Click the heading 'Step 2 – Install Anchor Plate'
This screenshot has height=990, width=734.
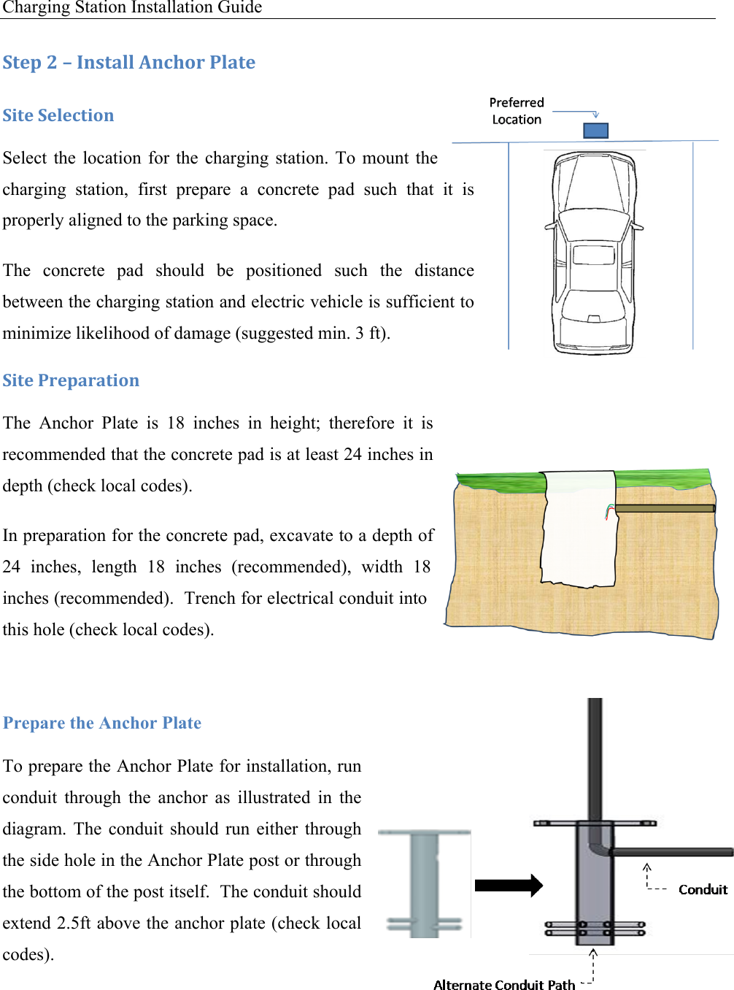pos(129,63)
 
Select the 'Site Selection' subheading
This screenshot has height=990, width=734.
pos(58,115)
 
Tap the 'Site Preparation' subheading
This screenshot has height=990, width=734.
pos(71,380)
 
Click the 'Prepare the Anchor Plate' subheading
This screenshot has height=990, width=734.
pos(102,723)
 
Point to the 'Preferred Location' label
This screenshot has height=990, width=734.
pos(517,111)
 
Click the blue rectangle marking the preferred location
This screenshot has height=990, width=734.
pos(595,131)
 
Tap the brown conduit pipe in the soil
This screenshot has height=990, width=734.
pos(664,508)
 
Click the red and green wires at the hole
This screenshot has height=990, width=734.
pos(609,512)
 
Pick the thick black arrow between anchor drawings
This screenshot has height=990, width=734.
pos(509,886)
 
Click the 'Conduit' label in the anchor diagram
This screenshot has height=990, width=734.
pos(703,889)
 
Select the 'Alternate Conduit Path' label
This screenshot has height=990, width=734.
pos(504,985)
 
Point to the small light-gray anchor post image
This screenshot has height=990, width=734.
pos(424,883)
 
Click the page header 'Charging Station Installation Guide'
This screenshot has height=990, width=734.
pos(132,8)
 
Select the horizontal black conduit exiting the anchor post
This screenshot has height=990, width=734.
pos(671,852)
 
